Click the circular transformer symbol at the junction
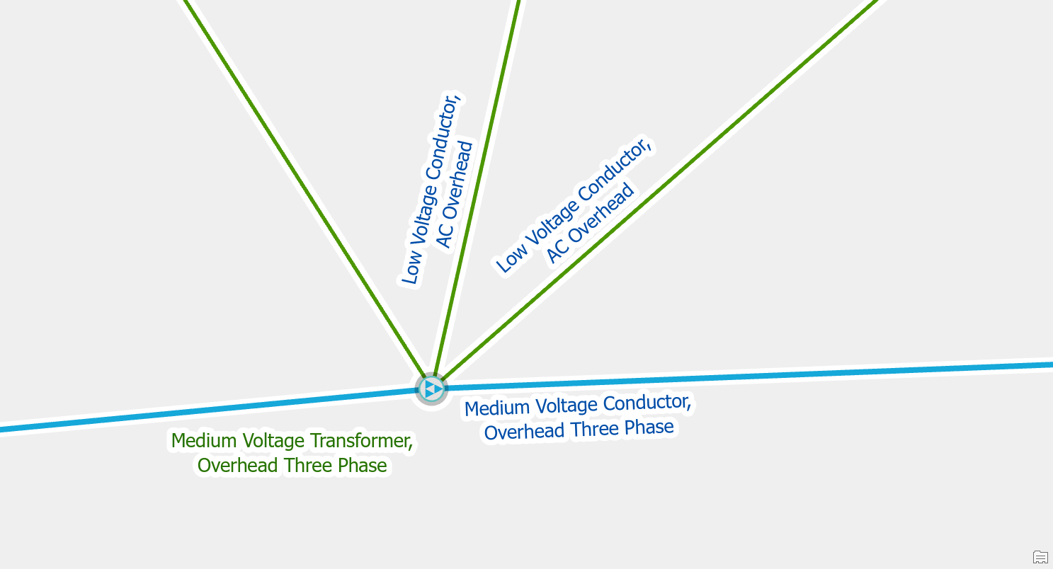pyautogui.click(x=431, y=389)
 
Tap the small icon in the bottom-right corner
pyautogui.click(x=1040, y=557)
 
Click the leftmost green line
pyautogui.click(x=305, y=188)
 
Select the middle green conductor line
pyautogui.click(x=477, y=188)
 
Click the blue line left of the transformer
pyautogui.click(x=209, y=409)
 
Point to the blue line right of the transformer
pyautogui.click(x=750, y=375)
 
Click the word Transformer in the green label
pyautogui.click(x=361, y=441)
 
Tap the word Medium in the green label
pyautogui.click(x=204, y=441)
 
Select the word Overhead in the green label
pyautogui.click(x=237, y=466)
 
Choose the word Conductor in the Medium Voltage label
pyautogui.click(x=647, y=403)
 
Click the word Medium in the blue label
pyautogui.click(x=497, y=408)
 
